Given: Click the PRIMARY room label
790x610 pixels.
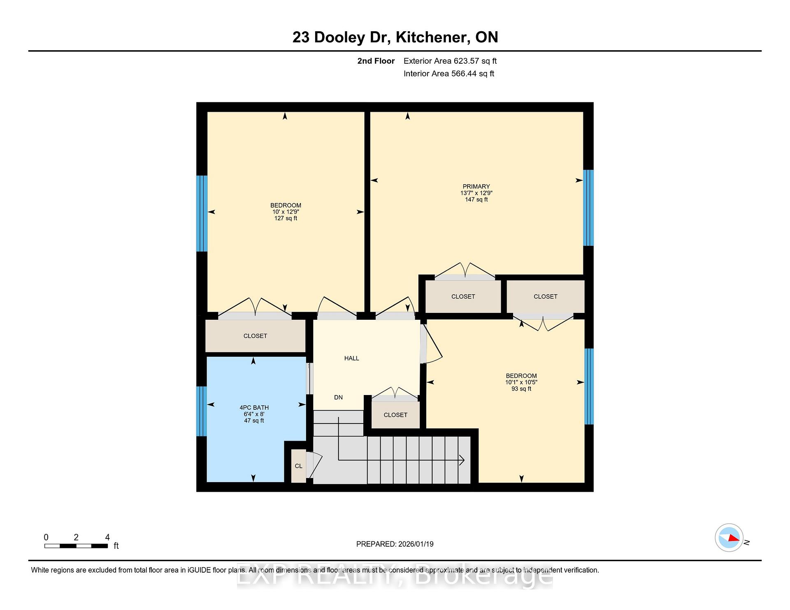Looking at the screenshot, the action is click(x=476, y=186).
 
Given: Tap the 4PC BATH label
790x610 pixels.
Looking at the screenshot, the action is click(x=254, y=407).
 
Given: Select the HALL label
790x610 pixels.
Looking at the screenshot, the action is click(x=351, y=358).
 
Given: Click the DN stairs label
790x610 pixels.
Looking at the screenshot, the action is click(x=338, y=397).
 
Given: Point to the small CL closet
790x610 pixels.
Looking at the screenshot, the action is click(x=299, y=466).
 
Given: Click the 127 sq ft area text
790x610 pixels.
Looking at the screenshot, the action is click(x=286, y=218).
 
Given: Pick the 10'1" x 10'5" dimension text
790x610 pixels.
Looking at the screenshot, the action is click(x=521, y=382).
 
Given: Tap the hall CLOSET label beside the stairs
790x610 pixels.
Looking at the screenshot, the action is click(x=395, y=415).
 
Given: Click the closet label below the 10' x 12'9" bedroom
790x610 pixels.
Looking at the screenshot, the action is click(x=255, y=336).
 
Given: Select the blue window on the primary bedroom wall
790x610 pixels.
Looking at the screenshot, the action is click(x=588, y=208).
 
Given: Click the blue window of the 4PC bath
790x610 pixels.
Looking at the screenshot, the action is click(x=201, y=411).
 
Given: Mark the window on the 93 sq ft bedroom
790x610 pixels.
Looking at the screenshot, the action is click(x=589, y=386).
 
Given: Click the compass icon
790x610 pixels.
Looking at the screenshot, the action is click(x=729, y=538).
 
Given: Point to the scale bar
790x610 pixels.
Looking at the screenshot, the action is click(x=76, y=546).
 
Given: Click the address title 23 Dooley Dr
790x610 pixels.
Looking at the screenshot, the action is click(x=341, y=37).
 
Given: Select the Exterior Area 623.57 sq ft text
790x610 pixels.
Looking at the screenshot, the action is click(x=450, y=61).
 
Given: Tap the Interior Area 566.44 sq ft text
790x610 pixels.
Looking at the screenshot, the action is click(x=449, y=74).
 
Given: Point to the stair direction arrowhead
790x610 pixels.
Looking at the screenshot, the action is click(x=462, y=460).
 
